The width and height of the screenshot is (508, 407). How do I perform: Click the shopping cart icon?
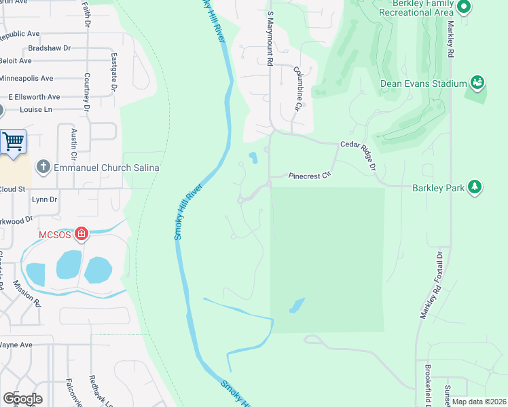tap(13, 142)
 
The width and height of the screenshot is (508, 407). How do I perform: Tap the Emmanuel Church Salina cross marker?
tap(43, 167)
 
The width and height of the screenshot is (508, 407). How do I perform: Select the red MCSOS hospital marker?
tap(81, 234)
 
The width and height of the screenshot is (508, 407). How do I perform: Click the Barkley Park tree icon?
tap(475, 187)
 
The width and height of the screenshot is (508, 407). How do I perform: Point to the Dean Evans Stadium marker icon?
tap(477, 83)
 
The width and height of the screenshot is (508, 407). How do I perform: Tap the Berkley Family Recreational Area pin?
tap(465, 7)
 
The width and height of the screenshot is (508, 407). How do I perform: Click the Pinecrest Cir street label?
tap(309, 175)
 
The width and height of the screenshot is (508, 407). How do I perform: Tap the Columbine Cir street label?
tap(297, 88)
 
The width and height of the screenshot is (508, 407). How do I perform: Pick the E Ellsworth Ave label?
tap(34, 97)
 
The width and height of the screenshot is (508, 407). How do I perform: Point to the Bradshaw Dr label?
tap(50, 49)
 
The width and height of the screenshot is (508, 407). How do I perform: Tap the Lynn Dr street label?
tap(44, 199)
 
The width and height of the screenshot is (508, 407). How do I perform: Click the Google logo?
tap(23, 399)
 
